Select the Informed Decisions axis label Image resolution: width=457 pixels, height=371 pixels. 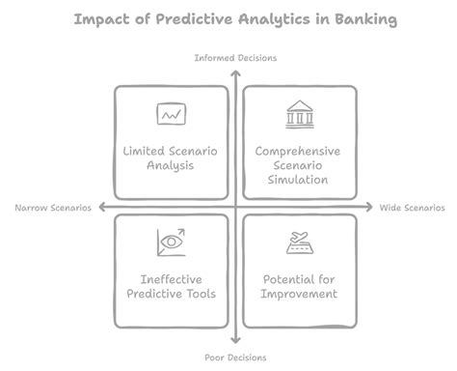click(235, 58)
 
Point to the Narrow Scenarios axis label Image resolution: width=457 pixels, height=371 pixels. click(54, 208)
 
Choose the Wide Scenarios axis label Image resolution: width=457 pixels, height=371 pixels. click(413, 208)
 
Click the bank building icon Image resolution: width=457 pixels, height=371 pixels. click(299, 115)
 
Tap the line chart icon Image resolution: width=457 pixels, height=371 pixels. click(172, 115)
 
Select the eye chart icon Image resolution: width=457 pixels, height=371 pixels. click(172, 242)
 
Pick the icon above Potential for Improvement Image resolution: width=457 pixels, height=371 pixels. click(299, 242)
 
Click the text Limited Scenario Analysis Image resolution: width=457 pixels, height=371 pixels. click(172, 158)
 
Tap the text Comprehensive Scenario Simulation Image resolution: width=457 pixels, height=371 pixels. click(299, 165)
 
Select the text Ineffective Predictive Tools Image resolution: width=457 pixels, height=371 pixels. click(172, 286)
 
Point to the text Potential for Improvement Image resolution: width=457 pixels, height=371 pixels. click(299, 286)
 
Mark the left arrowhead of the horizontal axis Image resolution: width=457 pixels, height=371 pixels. click(99, 208)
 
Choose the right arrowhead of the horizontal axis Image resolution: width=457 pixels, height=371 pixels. click(369, 208)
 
